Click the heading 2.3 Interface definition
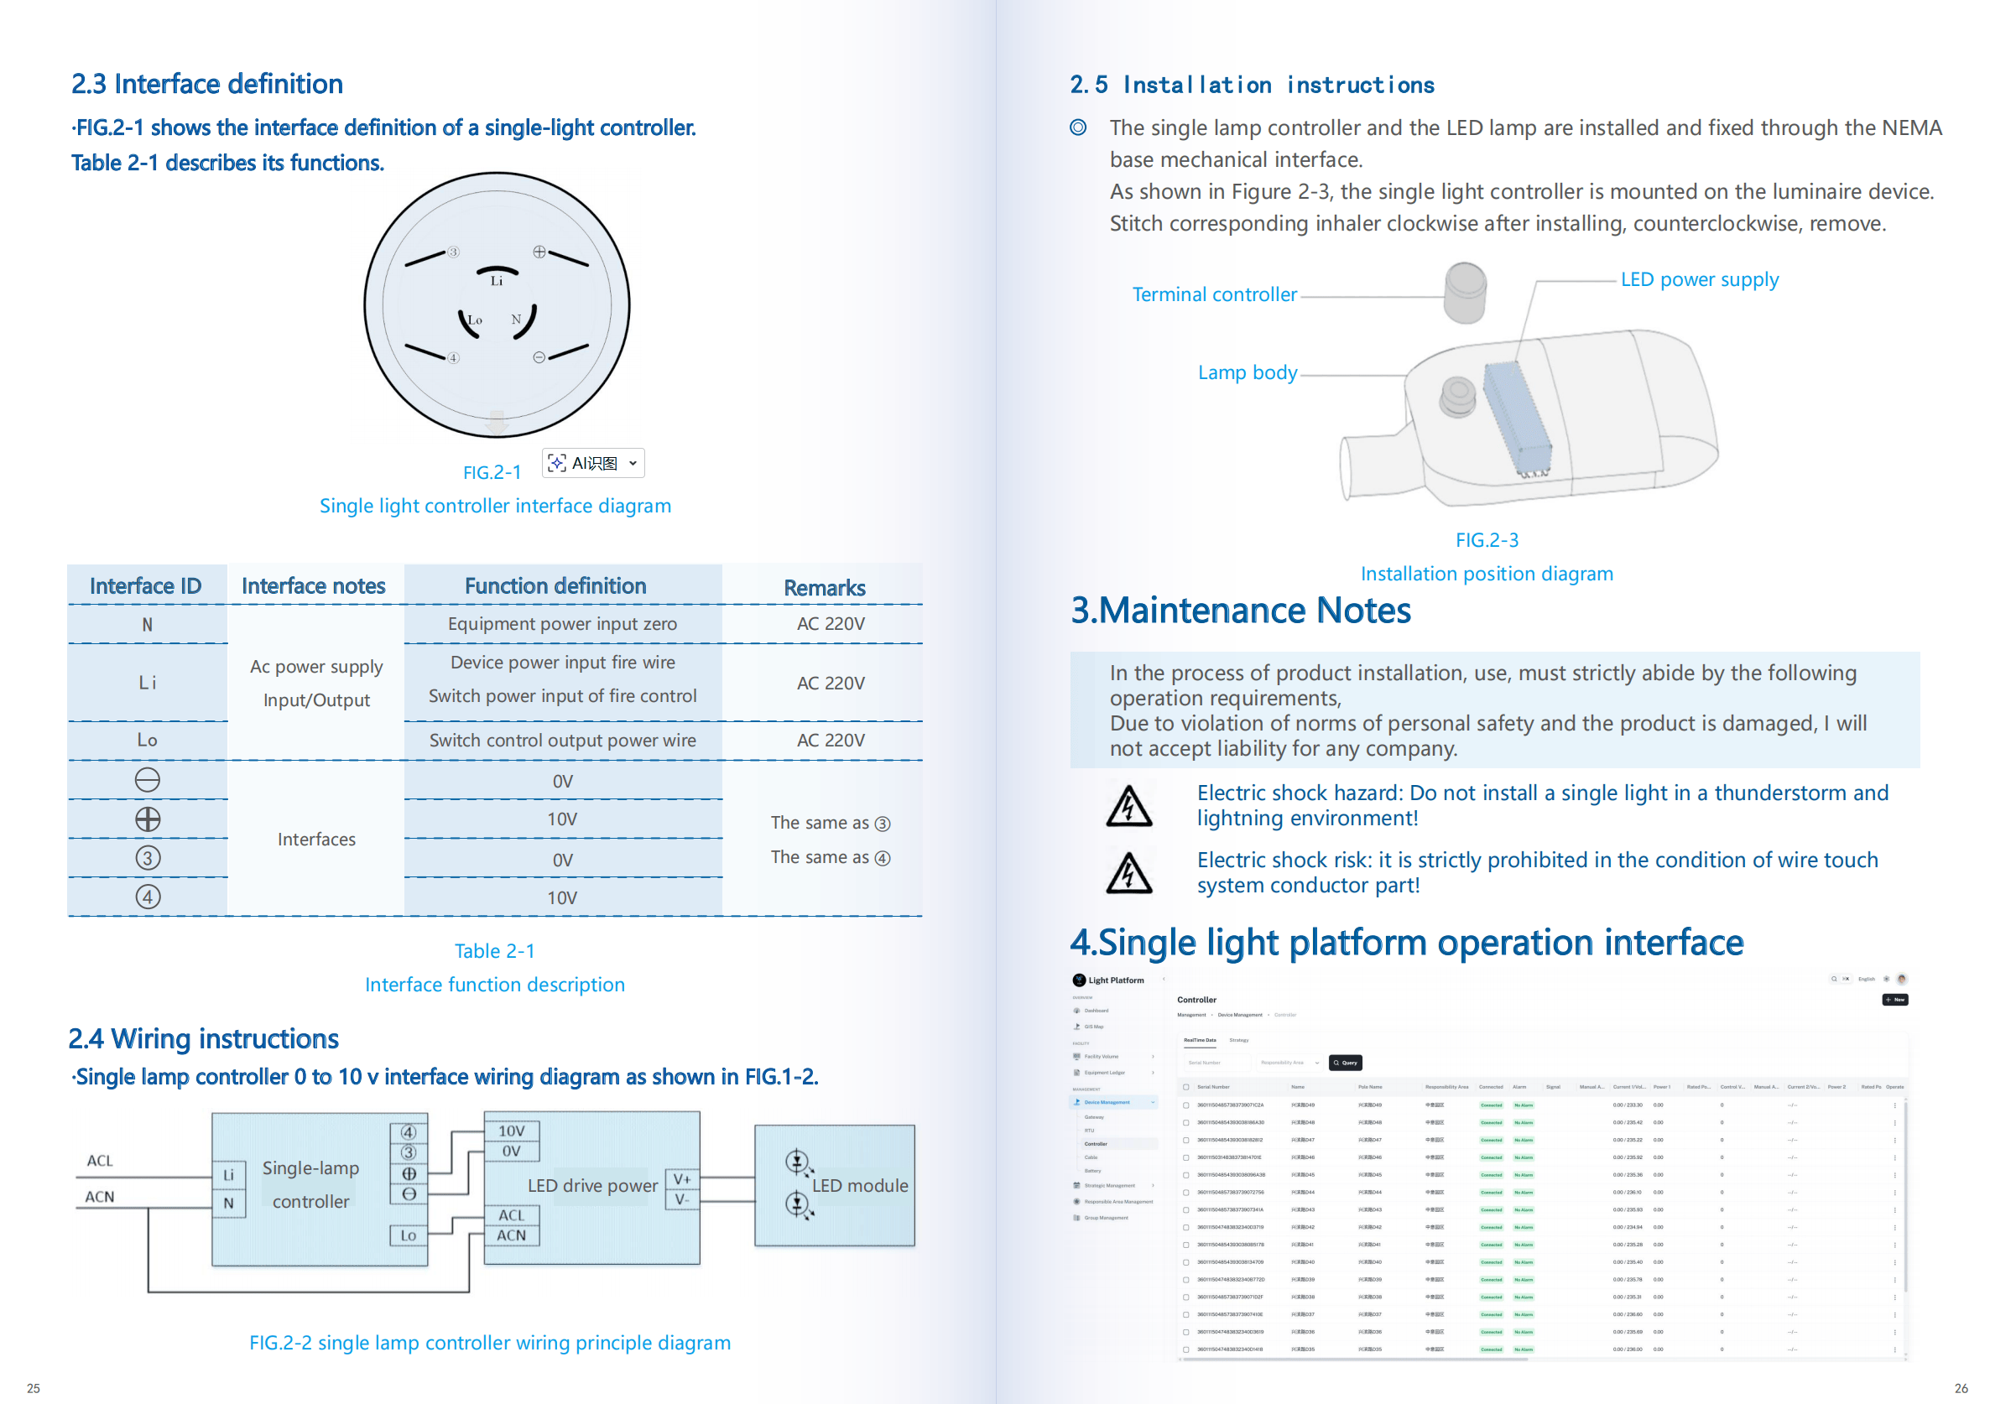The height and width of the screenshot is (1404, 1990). point(207,84)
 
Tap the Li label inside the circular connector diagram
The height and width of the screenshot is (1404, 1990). point(497,281)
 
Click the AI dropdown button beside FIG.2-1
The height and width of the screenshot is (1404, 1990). point(594,463)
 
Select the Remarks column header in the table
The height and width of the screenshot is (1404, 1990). point(824,588)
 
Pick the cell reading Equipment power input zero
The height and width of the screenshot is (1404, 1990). point(562,624)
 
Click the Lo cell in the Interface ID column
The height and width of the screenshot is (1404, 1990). point(148,740)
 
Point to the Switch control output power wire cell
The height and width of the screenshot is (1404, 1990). point(562,740)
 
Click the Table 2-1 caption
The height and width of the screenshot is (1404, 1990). point(495,951)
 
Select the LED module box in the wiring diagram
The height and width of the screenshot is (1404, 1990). point(835,1186)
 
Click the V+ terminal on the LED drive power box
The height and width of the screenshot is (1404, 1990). point(682,1179)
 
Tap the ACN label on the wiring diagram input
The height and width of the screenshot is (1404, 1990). point(100,1197)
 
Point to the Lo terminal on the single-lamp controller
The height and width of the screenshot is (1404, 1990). point(409,1235)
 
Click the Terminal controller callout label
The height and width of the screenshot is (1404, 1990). point(1214,294)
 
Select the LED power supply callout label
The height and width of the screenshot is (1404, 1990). point(1699,280)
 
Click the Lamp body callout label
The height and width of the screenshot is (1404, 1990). point(1248,372)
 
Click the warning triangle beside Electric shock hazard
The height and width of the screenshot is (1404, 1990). point(1128,806)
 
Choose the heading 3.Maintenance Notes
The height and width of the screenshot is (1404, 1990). point(1240,611)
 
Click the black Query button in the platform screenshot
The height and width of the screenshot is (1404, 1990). point(1345,1063)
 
